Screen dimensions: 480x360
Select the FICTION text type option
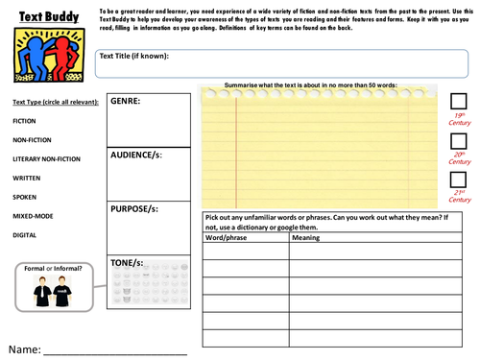pos(25,122)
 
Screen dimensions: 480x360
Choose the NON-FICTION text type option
pos(33,140)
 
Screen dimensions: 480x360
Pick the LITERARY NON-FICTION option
pos(46,158)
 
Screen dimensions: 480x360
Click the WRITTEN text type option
pos(27,178)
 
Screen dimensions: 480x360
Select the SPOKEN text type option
pos(25,197)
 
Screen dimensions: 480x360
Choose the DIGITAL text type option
pos(24,234)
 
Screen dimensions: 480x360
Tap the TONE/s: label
pos(129,262)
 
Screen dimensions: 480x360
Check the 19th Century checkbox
pos(458,102)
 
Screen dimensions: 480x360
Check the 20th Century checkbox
pos(458,141)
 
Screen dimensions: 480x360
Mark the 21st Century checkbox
pos(458,180)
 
